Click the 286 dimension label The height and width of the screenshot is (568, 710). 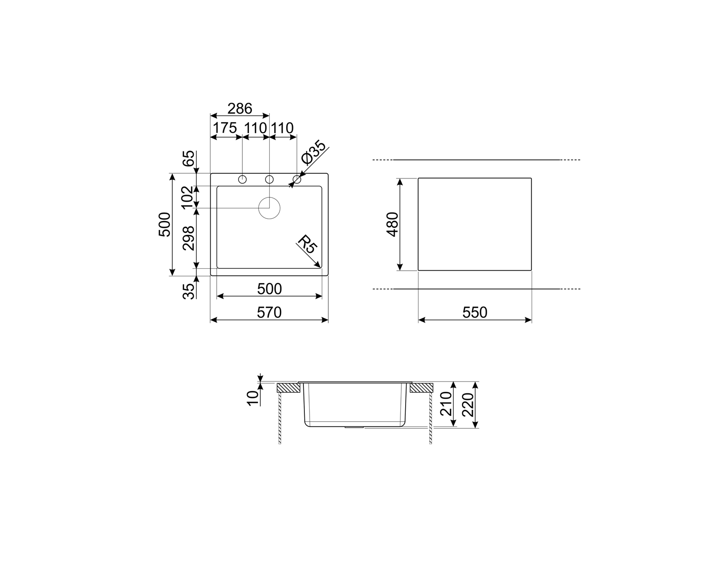point(240,108)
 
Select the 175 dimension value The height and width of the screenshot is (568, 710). point(225,128)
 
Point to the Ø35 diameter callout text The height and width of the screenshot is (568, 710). point(314,152)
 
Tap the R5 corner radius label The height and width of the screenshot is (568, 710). point(307,244)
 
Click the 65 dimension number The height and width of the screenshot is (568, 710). point(189,159)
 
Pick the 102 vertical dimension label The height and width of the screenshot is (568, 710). point(187,197)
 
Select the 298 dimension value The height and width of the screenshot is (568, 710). point(189,238)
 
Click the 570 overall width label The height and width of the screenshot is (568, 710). point(269,312)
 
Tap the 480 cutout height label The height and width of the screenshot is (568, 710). point(392,224)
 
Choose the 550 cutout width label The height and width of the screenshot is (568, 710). point(475,312)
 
